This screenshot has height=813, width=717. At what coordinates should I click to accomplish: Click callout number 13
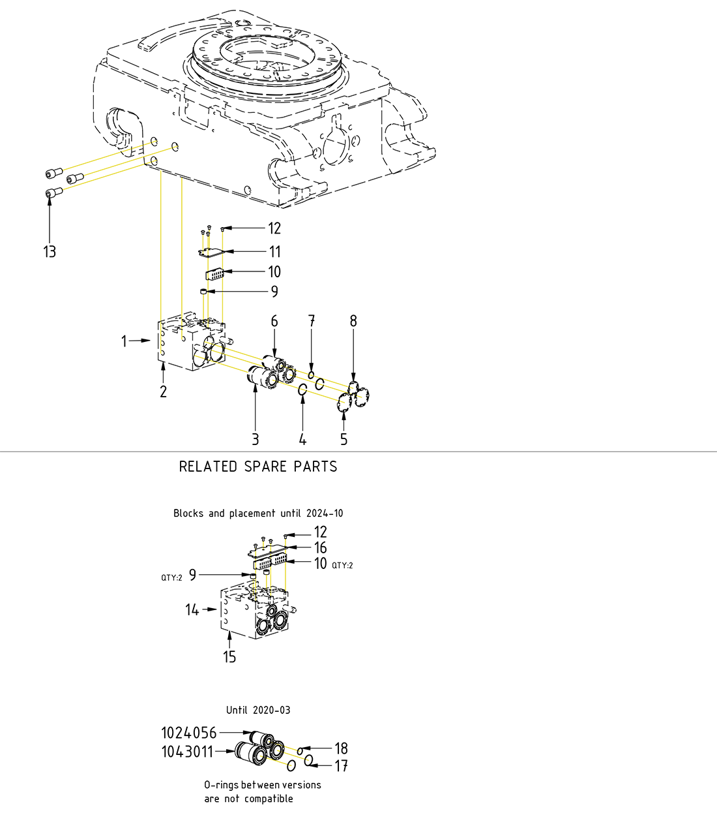coord(50,252)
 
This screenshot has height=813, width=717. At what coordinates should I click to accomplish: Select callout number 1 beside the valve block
coord(124,341)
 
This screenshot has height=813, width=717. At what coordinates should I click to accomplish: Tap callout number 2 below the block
coord(163,391)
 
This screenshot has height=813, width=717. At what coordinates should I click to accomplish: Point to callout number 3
coord(255,440)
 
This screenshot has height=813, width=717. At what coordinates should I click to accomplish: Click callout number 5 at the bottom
coord(344,440)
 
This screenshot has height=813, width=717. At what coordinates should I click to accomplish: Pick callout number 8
coord(353,320)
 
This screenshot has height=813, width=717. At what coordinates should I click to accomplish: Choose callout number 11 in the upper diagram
coord(274,252)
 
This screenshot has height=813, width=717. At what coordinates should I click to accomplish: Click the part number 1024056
coord(188,733)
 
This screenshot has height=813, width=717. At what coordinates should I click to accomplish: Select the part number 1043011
coord(187,752)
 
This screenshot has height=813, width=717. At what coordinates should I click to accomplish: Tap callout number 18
coord(341,748)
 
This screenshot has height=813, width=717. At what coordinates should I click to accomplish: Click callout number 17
coord(341,765)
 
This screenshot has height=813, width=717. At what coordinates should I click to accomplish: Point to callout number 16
coord(320,548)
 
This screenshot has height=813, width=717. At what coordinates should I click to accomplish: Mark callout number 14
coord(192,609)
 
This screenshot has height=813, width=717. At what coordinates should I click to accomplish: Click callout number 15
coord(229,656)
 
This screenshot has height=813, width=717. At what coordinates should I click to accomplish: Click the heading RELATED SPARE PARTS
coord(258,467)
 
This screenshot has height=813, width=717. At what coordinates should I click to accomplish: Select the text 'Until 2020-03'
coord(258,710)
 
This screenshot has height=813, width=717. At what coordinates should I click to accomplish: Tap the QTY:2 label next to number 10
coord(342,565)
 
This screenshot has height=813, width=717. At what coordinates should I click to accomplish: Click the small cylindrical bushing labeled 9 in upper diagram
coord(203,292)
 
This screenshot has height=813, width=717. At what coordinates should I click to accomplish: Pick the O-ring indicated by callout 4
coord(302,390)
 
